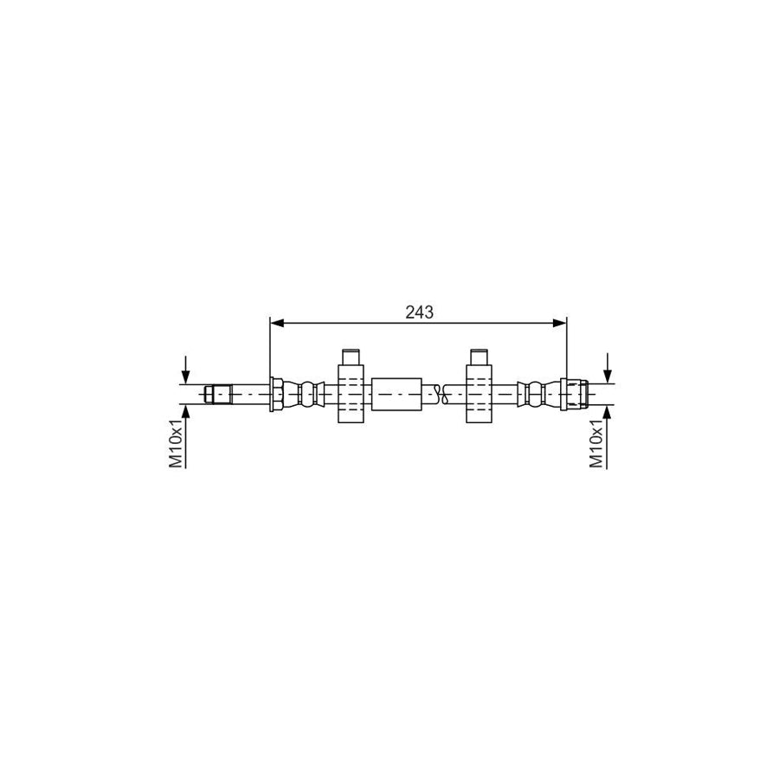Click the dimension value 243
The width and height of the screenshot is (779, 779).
click(x=419, y=312)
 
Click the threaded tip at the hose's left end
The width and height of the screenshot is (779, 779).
click(x=219, y=395)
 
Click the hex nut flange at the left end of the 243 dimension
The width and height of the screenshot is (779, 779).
click(x=276, y=395)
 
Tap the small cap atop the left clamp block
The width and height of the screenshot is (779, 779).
click(x=350, y=357)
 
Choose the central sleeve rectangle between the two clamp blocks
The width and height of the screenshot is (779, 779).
click(x=397, y=395)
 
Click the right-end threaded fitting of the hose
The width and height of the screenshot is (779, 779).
click(x=575, y=395)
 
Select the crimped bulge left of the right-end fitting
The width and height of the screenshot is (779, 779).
click(x=538, y=395)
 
